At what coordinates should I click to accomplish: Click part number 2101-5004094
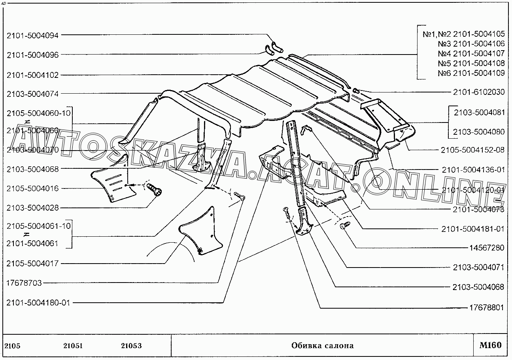[32, 35]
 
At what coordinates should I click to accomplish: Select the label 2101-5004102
[32, 75]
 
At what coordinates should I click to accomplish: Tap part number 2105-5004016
[32, 188]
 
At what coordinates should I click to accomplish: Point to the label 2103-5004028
[32, 208]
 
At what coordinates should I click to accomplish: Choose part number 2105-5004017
[32, 264]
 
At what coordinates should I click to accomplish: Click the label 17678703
[24, 283]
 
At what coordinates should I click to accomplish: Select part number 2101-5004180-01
[38, 303]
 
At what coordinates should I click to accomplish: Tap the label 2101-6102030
[478, 92]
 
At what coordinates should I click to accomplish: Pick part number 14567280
[486, 248]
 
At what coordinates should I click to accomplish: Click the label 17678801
[486, 307]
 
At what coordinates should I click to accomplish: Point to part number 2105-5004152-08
[473, 150]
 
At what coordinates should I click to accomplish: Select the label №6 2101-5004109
[471, 73]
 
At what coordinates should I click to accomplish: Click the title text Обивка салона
[322, 346]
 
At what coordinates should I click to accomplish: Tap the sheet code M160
[490, 345]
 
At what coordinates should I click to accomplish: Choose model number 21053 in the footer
[131, 346]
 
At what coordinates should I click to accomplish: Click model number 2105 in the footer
[12, 346]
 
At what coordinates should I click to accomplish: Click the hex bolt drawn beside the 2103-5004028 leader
[155, 190]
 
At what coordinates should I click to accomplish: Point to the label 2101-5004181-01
[473, 228]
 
